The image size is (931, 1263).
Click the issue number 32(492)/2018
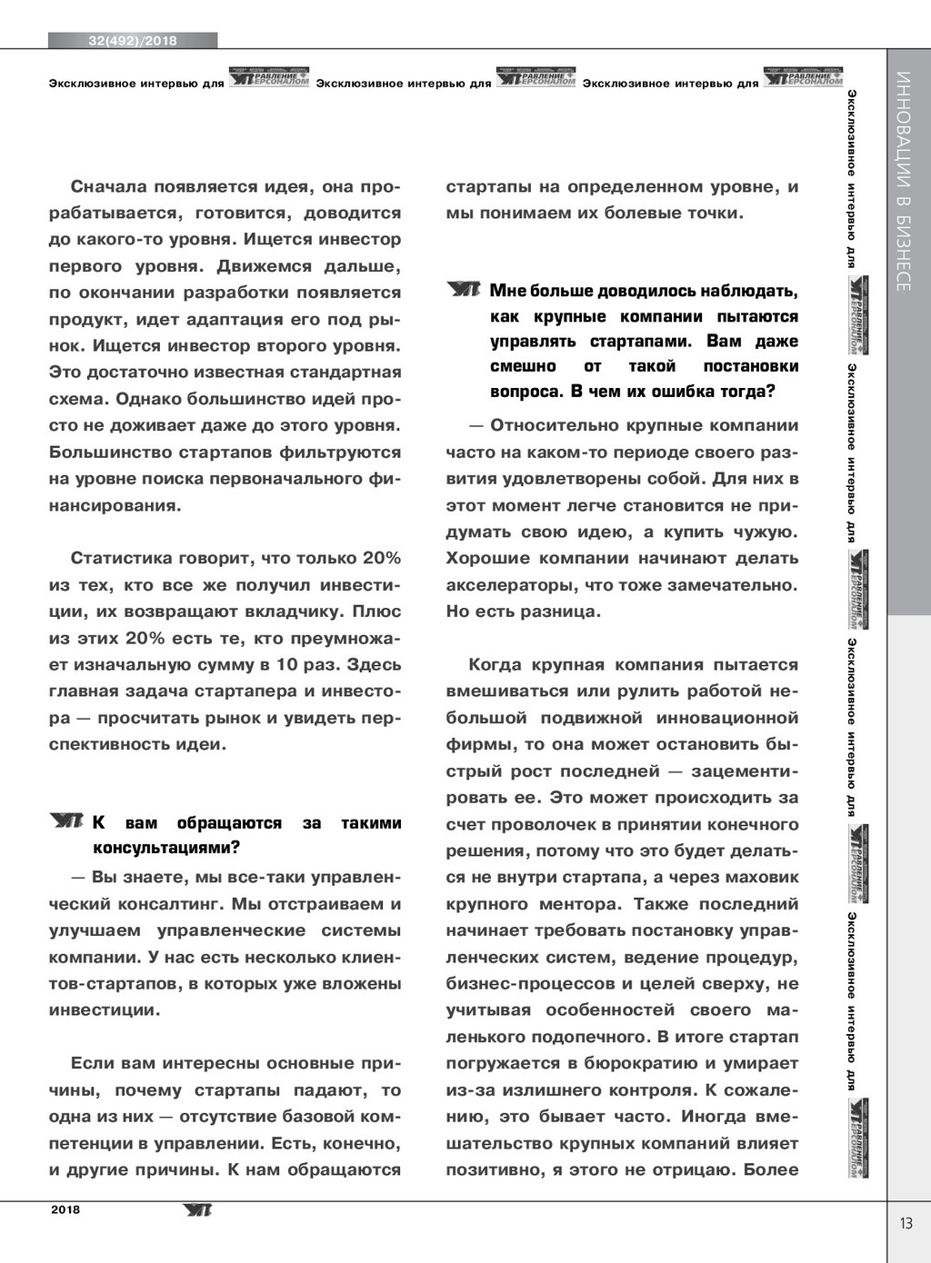click(x=133, y=41)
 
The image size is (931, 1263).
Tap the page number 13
click(x=906, y=1223)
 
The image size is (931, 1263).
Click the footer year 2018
click(x=65, y=1209)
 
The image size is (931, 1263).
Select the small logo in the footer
click(x=196, y=1209)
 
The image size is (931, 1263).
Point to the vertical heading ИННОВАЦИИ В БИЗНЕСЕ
click(x=903, y=181)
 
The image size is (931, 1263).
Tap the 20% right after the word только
click(x=382, y=558)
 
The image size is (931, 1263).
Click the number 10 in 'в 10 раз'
click(x=287, y=664)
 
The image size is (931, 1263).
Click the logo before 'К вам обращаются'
click(x=66, y=821)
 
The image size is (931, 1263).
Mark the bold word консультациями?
click(x=166, y=849)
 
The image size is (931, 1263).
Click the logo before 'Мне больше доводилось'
click(x=464, y=290)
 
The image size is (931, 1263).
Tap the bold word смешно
click(x=523, y=366)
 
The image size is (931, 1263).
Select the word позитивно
click(x=495, y=1170)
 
